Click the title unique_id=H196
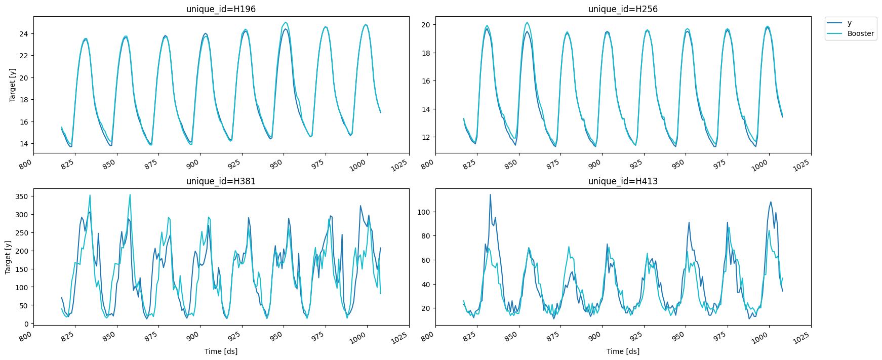click(x=221, y=9)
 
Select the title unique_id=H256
click(x=623, y=9)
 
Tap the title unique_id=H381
click(x=221, y=181)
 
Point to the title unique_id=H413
click(x=623, y=181)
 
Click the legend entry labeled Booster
click(x=860, y=33)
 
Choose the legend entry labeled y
click(x=850, y=23)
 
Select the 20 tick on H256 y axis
click(x=426, y=25)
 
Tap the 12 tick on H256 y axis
click(x=426, y=137)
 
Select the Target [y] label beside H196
click(x=13, y=85)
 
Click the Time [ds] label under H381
click(x=221, y=351)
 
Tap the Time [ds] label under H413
click(x=623, y=351)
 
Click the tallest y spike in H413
click(x=490, y=195)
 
